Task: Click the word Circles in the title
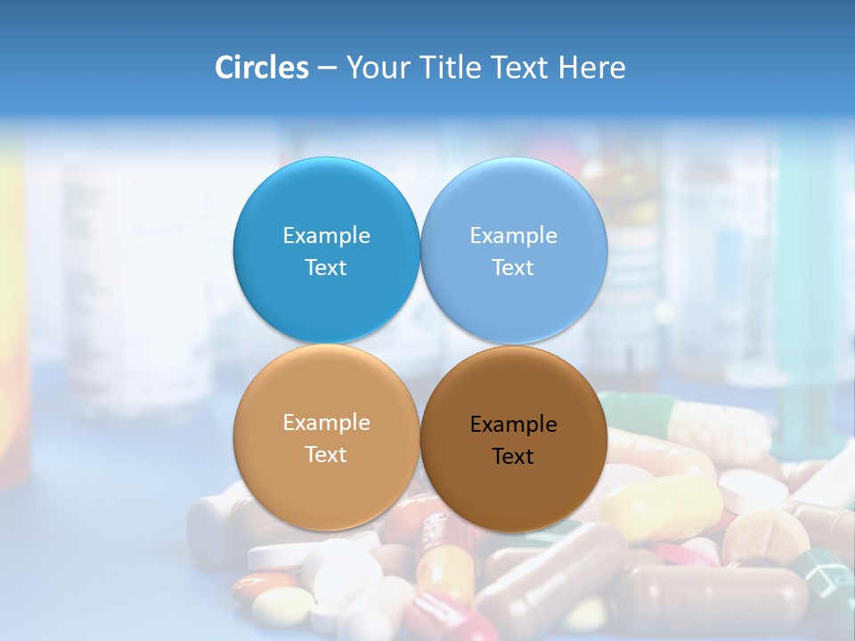tap(261, 68)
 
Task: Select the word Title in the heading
tap(452, 68)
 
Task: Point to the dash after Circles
tap(327, 69)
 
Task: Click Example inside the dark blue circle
tap(326, 235)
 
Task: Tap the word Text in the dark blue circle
tap(326, 267)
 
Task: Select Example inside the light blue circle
tap(513, 235)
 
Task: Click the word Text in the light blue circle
tap(513, 267)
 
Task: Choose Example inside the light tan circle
tap(326, 422)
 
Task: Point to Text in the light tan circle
tap(326, 454)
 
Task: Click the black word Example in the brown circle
tap(513, 424)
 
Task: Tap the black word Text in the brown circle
tap(513, 456)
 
